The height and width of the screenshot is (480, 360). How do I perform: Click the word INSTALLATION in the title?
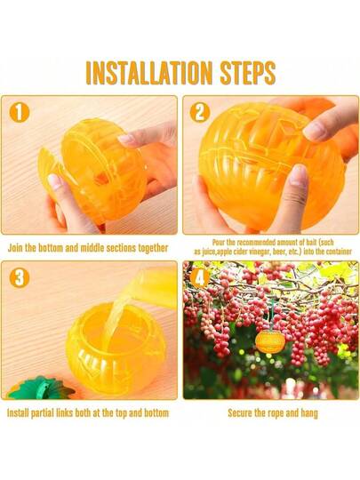pyautogui.click(x=149, y=73)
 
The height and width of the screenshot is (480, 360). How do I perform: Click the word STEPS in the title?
pyautogui.click(x=248, y=73)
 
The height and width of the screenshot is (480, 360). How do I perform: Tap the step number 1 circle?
pyautogui.click(x=20, y=112)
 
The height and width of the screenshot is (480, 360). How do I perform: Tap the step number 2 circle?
pyautogui.click(x=200, y=112)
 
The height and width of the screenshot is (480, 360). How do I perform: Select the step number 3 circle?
pyautogui.click(x=20, y=278)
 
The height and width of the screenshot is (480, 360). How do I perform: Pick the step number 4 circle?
pyautogui.click(x=200, y=278)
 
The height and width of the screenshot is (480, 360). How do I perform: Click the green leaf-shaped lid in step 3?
pyautogui.click(x=40, y=388)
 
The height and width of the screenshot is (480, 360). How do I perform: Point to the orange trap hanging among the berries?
pyautogui.click(x=270, y=341)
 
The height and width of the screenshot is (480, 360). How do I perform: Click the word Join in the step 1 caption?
pyautogui.click(x=15, y=248)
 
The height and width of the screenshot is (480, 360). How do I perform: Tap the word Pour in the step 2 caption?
pyautogui.click(x=219, y=243)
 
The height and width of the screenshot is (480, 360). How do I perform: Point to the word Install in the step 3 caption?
pyautogui.click(x=18, y=413)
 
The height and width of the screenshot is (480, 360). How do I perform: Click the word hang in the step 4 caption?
pyautogui.click(x=309, y=413)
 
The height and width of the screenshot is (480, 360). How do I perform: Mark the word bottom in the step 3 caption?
pyautogui.click(x=156, y=413)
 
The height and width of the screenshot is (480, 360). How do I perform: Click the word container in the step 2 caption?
pyautogui.click(x=339, y=252)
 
